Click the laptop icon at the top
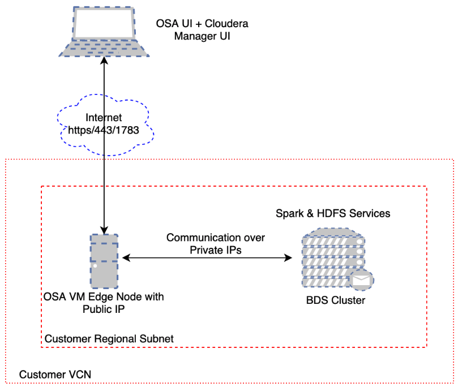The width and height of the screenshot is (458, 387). tap(104, 32)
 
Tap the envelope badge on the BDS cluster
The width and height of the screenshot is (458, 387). tap(361, 279)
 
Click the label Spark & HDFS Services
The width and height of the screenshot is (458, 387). tap(333, 214)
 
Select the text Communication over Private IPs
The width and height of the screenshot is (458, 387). tap(215, 244)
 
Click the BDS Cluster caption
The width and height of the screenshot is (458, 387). tap(333, 300)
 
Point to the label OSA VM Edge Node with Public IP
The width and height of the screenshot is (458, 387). tap(104, 303)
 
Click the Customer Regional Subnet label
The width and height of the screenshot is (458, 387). tap(109, 338)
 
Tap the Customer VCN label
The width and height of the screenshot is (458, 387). tap(55, 375)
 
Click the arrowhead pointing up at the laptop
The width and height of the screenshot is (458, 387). tap(104, 61)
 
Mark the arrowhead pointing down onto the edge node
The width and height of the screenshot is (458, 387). tap(104, 230)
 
